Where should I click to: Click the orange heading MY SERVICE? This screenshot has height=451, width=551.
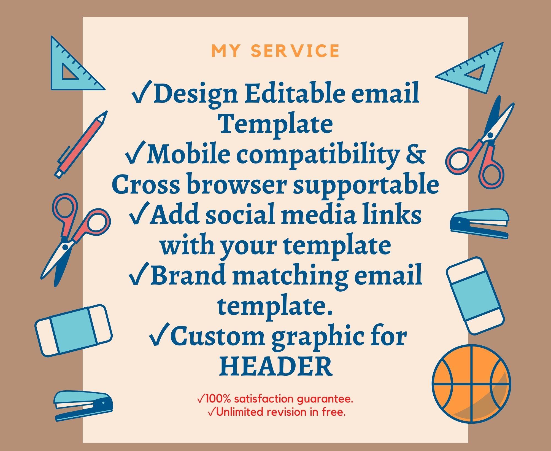pyautogui.click(x=275, y=51)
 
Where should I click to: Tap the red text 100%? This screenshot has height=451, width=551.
pyautogui.click(x=217, y=399)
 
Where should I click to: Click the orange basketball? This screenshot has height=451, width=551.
pyautogui.click(x=471, y=383)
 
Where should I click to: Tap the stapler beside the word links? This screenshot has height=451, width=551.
pyautogui.click(x=480, y=223)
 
